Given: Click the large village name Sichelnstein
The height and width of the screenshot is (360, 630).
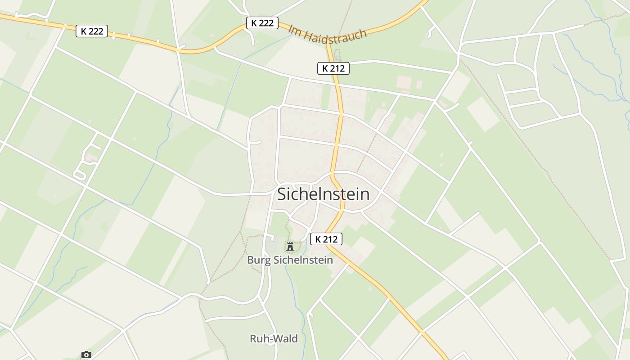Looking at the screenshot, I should (x=323, y=194).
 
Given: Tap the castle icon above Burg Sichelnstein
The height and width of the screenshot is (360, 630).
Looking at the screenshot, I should (x=290, y=246).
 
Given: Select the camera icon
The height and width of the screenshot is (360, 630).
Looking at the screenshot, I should (x=86, y=355).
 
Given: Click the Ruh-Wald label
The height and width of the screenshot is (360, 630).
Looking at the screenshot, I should (x=274, y=339).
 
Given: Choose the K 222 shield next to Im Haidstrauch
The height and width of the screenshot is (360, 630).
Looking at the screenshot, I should (x=262, y=23).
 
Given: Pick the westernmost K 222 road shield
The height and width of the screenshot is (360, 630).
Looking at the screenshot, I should (x=92, y=31).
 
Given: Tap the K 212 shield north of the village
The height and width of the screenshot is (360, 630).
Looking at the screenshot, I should (x=333, y=68).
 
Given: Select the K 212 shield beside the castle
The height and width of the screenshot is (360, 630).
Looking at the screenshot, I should (x=326, y=239).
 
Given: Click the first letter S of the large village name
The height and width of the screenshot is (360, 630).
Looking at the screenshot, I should (x=282, y=194).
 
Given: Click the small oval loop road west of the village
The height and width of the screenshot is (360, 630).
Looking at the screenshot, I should (x=80, y=175).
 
